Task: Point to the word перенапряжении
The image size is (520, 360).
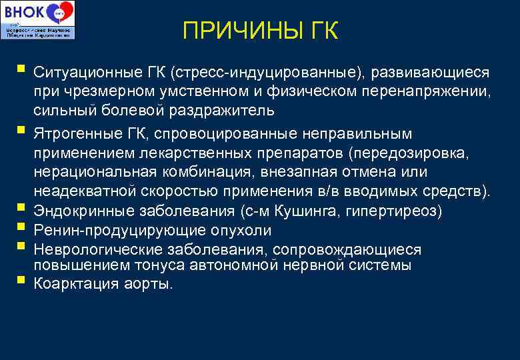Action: coord(426,91)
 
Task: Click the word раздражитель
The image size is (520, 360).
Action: coord(220,109)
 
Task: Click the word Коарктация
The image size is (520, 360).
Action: coord(71,284)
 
